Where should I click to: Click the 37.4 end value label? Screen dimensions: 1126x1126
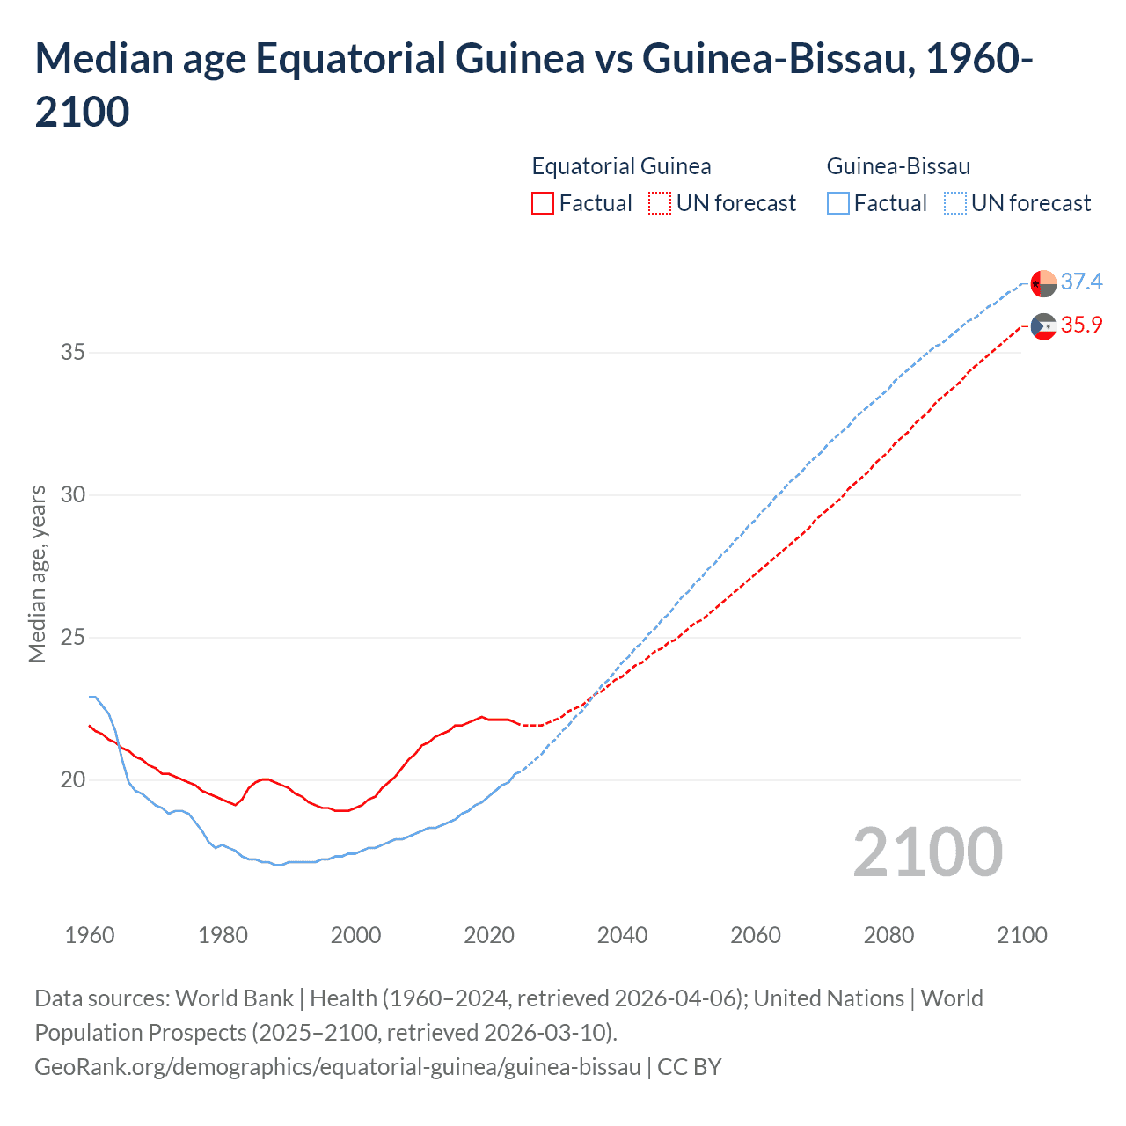click(1081, 281)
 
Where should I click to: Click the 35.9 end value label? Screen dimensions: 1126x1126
click(1081, 325)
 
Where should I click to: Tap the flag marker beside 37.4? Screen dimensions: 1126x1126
click(1043, 283)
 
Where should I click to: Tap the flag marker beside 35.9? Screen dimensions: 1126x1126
click(1043, 326)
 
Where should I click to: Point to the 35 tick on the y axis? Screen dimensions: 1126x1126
click(73, 353)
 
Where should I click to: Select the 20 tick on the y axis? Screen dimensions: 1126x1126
click(73, 780)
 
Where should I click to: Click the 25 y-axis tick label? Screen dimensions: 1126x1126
click(73, 638)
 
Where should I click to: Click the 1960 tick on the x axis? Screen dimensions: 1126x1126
click(90, 935)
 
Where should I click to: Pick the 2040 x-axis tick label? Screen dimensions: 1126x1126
click(622, 935)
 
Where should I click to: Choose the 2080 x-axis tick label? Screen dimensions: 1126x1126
click(888, 935)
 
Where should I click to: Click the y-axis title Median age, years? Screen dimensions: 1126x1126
click(37, 573)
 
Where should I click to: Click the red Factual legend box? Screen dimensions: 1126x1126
click(543, 203)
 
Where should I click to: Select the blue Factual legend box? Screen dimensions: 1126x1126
click(838, 203)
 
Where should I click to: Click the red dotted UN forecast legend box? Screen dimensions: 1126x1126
click(660, 203)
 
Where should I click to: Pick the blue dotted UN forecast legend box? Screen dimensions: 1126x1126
click(955, 203)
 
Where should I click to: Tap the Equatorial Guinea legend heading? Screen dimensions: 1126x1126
click(621, 166)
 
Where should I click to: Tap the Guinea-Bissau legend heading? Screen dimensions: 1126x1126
click(898, 166)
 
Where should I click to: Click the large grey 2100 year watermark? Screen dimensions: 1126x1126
click(927, 852)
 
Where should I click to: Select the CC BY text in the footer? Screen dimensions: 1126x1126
click(690, 1067)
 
